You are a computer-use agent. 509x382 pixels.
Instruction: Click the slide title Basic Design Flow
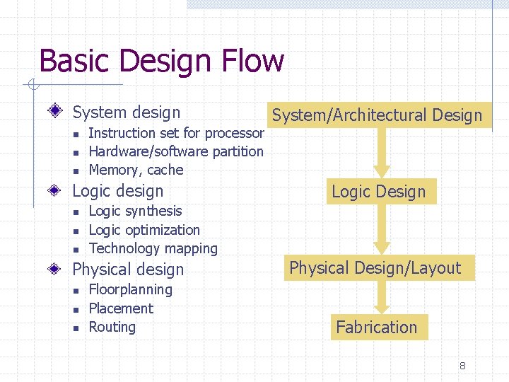click(161, 61)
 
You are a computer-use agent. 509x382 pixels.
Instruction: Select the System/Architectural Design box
click(377, 115)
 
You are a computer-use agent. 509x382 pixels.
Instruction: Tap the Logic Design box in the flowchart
click(379, 192)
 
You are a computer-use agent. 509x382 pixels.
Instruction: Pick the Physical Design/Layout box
click(375, 268)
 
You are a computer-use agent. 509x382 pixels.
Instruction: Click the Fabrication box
click(377, 328)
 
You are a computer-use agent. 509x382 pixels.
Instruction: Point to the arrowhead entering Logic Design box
click(382, 170)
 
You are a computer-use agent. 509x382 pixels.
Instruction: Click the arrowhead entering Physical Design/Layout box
click(382, 248)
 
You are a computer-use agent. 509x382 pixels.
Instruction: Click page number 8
click(462, 366)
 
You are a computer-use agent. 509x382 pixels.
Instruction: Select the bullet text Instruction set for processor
click(176, 133)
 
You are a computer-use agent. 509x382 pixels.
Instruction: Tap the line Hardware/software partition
click(176, 151)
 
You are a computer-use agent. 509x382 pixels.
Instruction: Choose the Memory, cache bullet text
click(136, 170)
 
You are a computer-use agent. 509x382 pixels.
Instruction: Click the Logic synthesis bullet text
click(135, 211)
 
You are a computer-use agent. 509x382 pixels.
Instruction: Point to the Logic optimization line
click(144, 230)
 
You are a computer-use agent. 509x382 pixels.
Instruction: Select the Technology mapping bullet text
click(153, 248)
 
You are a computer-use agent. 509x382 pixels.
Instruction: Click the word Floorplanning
click(130, 289)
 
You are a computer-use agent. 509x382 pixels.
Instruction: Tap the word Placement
click(121, 308)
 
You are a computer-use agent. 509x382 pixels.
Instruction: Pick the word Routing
click(112, 327)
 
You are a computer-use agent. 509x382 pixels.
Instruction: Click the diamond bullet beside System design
click(60, 112)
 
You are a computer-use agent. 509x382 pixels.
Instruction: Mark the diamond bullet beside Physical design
click(60, 270)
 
